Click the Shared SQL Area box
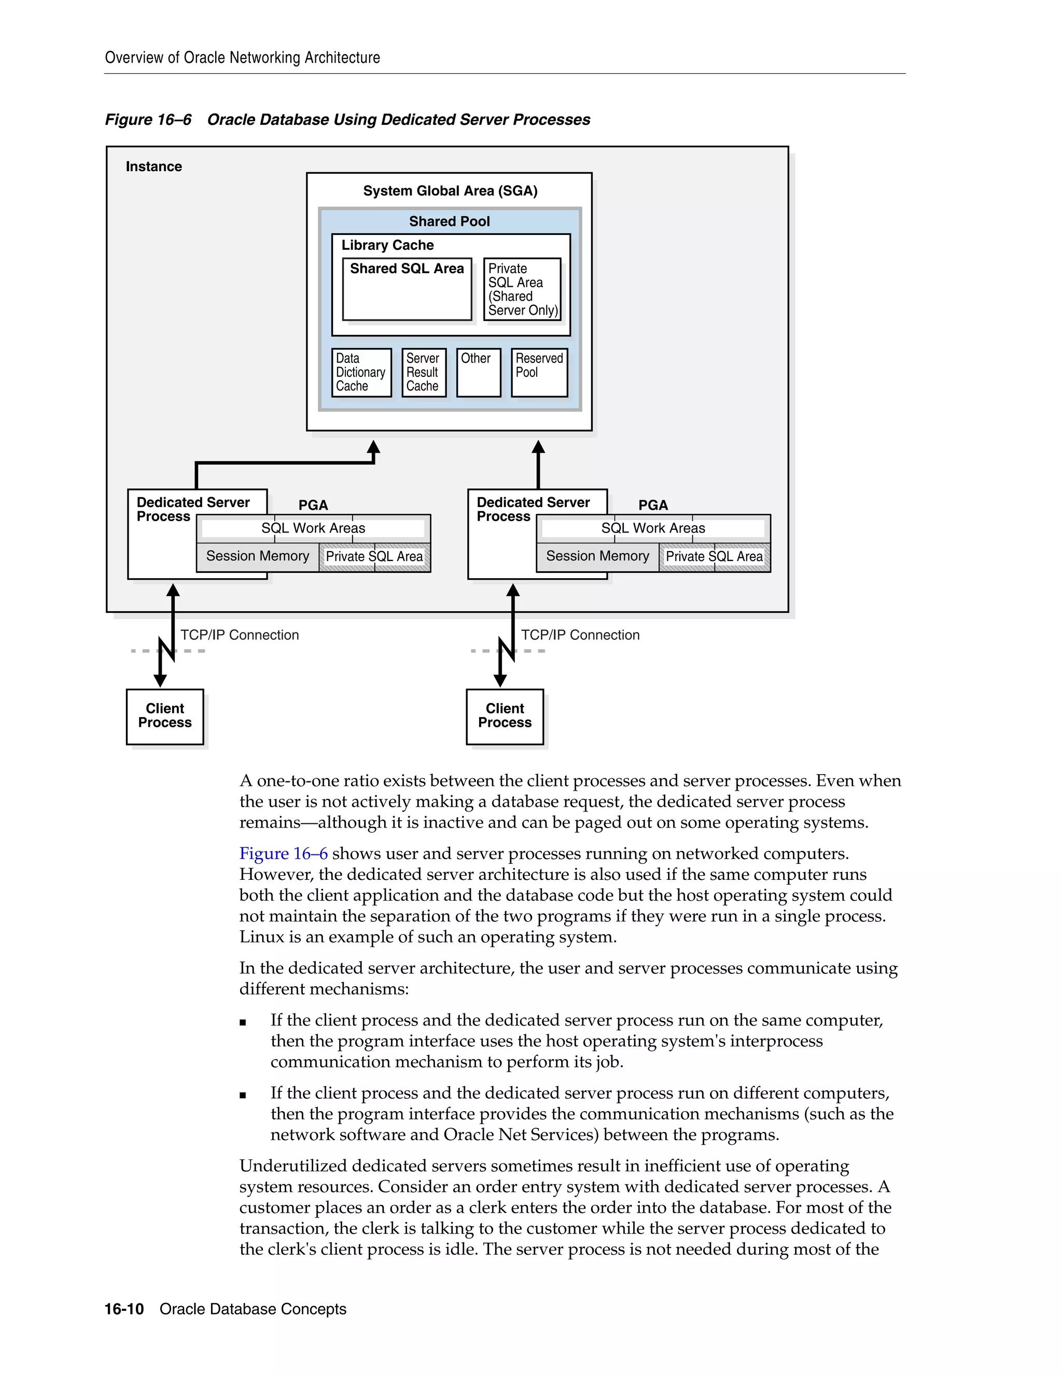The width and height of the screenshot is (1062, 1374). click(x=407, y=289)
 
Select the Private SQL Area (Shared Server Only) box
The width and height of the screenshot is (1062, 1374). click(x=522, y=289)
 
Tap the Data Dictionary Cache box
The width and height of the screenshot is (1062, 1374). click(x=361, y=372)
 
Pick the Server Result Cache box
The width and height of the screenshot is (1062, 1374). click(x=424, y=372)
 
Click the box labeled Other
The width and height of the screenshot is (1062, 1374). click(x=478, y=372)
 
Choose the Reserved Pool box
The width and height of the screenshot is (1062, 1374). click(x=539, y=372)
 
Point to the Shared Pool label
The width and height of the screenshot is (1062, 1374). click(x=449, y=221)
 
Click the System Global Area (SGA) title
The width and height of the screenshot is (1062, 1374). click(x=450, y=191)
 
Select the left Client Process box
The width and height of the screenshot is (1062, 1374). click(x=165, y=716)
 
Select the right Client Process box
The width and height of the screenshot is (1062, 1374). click(x=505, y=716)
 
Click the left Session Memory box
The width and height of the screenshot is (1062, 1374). click(x=257, y=556)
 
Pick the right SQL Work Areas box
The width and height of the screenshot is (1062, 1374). click(x=653, y=528)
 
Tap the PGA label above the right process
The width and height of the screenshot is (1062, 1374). click(x=653, y=505)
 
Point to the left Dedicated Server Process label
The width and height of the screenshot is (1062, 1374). click(x=192, y=509)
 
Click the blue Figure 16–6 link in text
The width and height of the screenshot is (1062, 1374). click(x=283, y=854)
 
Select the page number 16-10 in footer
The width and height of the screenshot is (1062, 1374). click(x=124, y=1309)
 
